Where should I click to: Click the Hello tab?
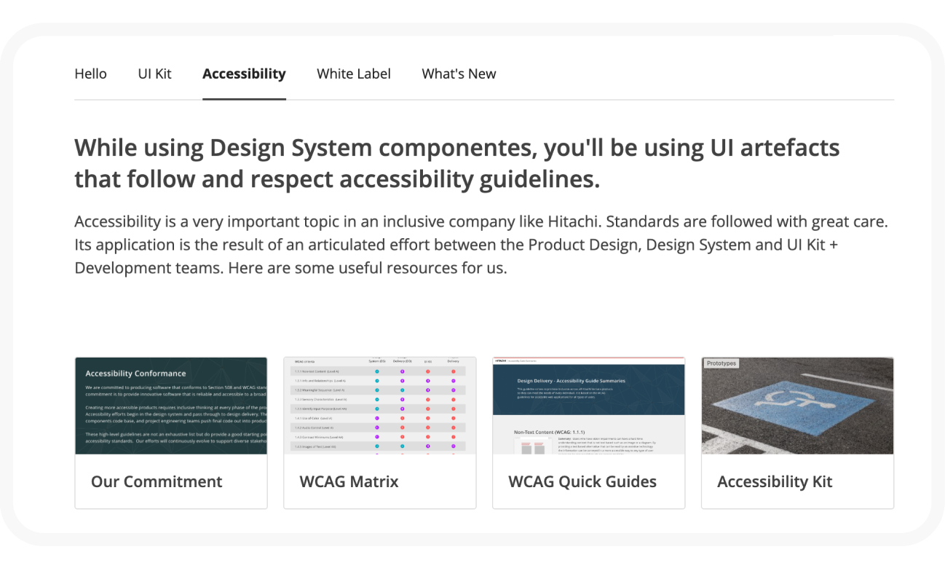pyautogui.click(x=90, y=74)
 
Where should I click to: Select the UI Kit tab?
pyautogui.click(x=154, y=74)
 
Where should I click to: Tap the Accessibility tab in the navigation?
pyautogui.click(x=244, y=74)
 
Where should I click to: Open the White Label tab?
pyautogui.click(x=354, y=74)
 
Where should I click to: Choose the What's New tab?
pyautogui.click(x=459, y=74)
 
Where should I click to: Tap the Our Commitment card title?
pyautogui.click(x=157, y=481)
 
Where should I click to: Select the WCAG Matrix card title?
pyautogui.click(x=349, y=481)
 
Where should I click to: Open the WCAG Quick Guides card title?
pyautogui.click(x=582, y=481)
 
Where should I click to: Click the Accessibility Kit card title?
pyautogui.click(x=775, y=481)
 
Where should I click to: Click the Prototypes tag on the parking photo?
pyautogui.click(x=721, y=363)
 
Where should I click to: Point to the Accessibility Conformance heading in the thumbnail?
pyautogui.click(x=135, y=374)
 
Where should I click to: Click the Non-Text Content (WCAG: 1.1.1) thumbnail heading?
pyautogui.click(x=550, y=432)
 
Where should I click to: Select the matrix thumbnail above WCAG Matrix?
pyautogui.click(x=379, y=406)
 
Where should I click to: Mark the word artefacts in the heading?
pyautogui.click(x=786, y=149)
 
